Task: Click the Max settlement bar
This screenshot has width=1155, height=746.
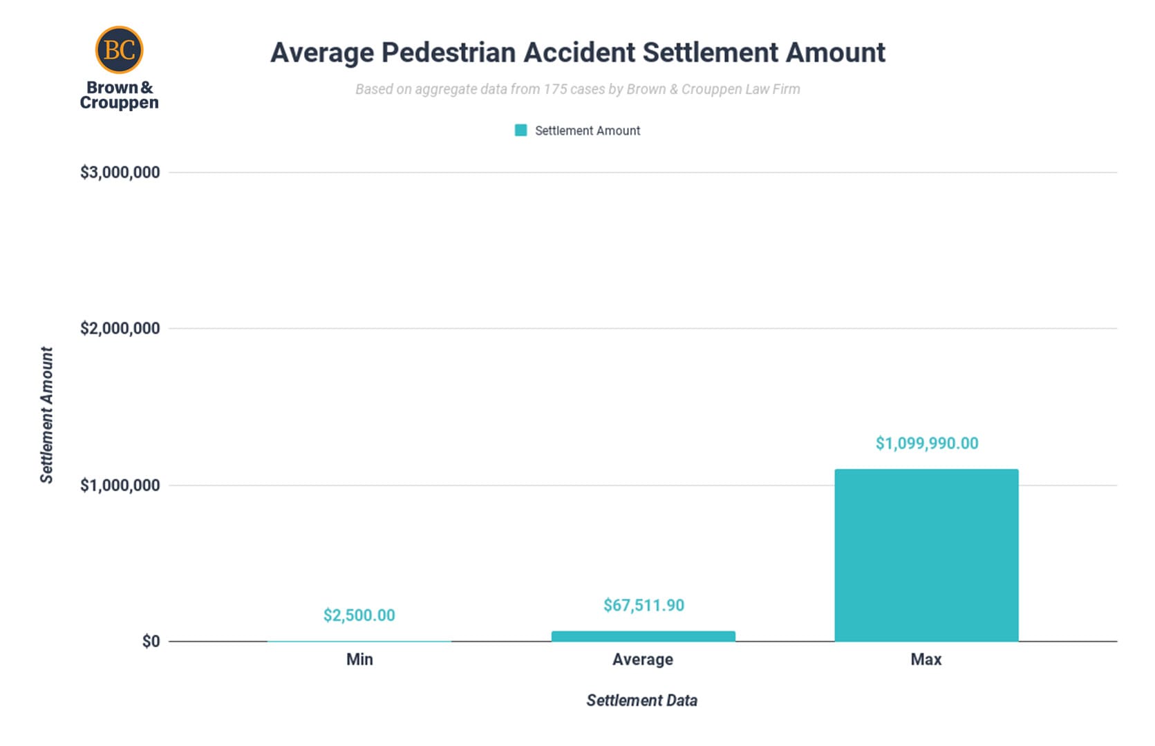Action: click(926, 555)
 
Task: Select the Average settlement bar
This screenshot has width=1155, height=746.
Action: click(643, 636)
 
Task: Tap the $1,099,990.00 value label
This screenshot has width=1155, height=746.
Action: click(926, 443)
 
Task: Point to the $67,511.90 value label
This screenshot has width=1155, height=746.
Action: click(644, 606)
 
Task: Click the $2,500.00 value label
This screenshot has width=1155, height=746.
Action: click(359, 615)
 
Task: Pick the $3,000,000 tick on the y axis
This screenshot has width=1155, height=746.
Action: click(120, 173)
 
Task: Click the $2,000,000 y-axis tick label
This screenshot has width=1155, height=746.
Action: click(120, 329)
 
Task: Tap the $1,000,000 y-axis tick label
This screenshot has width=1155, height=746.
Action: click(120, 486)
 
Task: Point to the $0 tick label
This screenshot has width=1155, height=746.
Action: click(151, 642)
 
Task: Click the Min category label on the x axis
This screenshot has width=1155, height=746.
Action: click(359, 660)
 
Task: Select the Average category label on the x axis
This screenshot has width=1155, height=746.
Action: click(643, 660)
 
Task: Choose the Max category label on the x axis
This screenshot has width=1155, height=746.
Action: click(926, 660)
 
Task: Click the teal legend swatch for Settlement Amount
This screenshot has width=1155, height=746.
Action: click(521, 131)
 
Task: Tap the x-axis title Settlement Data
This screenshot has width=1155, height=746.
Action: click(641, 700)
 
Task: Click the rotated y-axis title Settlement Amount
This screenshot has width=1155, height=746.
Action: click(46, 414)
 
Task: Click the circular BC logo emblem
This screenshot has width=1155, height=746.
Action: click(119, 50)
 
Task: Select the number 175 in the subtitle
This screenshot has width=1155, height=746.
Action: click(555, 89)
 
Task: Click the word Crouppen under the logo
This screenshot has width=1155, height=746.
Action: click(119, 103)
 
